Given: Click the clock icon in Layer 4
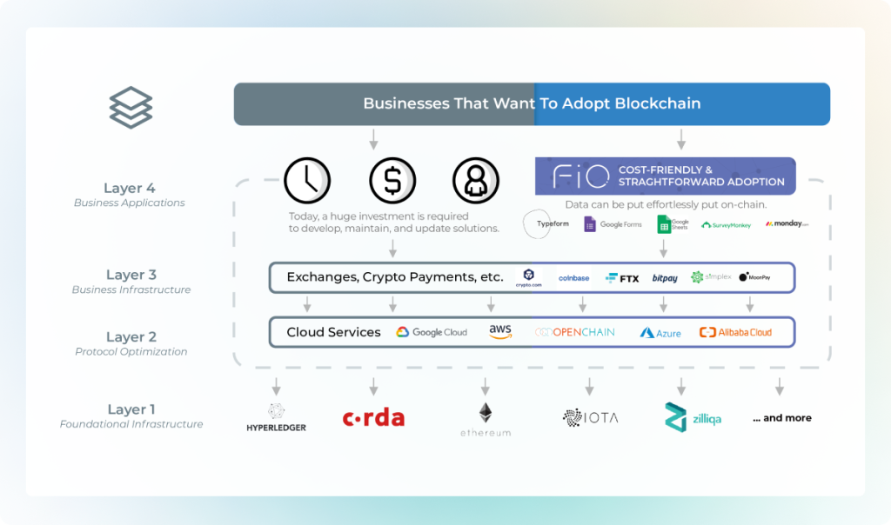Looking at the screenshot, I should point(308,181).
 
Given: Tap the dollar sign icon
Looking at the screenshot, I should point(392,181).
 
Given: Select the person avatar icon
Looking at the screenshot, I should point(476,181).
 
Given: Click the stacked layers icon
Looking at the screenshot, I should point(131,108).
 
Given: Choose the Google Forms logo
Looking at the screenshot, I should point(613,224).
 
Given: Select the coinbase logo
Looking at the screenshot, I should point(574,278).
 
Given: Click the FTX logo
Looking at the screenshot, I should point(622,278).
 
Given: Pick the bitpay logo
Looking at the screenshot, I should point(665,278).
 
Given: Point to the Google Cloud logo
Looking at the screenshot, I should point(432,332).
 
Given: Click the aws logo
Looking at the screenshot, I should point(500,331).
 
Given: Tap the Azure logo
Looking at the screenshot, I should point(660,332).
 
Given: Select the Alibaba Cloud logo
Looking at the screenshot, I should point(735,332).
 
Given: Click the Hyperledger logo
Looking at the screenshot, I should point(276,418).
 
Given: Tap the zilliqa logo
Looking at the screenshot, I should point(693,417).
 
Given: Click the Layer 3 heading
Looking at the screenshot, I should point(131,275).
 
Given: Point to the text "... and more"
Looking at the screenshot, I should point(782,418).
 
